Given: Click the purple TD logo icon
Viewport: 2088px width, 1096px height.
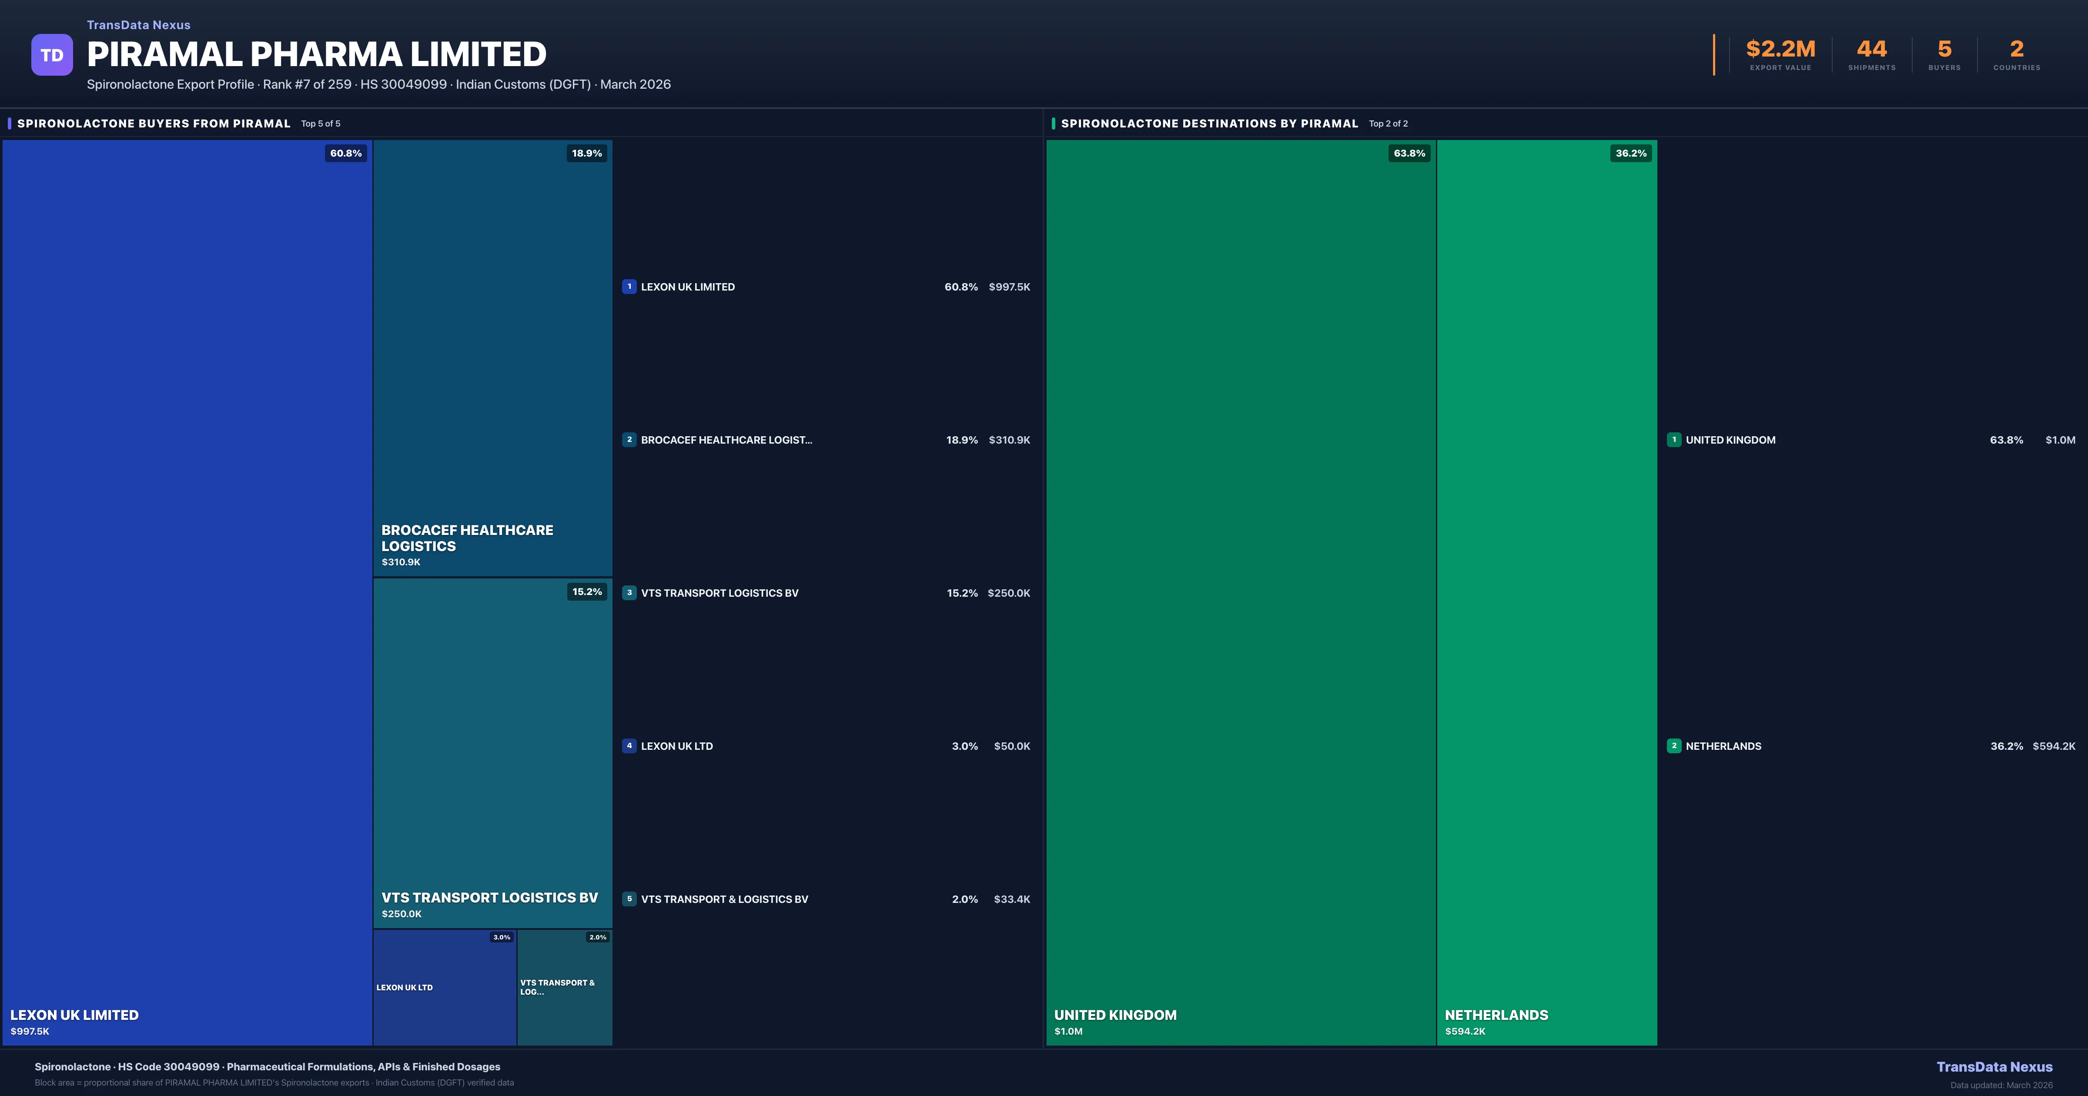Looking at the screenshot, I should point(52,55).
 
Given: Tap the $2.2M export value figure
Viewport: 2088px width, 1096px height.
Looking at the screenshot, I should point(1780,50).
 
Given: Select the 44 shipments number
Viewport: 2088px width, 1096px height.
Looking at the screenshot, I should point(1871,50).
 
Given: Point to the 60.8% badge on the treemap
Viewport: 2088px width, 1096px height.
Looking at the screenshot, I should point(345,153).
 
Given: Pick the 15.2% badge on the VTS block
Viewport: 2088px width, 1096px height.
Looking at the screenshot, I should point(587,592).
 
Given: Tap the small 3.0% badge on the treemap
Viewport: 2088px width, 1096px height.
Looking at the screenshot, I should point(502,937).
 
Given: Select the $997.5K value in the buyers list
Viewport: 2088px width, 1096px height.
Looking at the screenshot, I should point(1009,287).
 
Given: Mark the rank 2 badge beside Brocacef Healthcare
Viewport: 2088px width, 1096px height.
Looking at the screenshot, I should point(629,439).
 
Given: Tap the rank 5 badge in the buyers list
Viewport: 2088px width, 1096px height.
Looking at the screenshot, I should point(629,899).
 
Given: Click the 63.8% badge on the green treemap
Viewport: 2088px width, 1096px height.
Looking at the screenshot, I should point(1409,153).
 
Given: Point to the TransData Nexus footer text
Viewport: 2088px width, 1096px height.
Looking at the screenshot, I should point(1994,1067).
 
